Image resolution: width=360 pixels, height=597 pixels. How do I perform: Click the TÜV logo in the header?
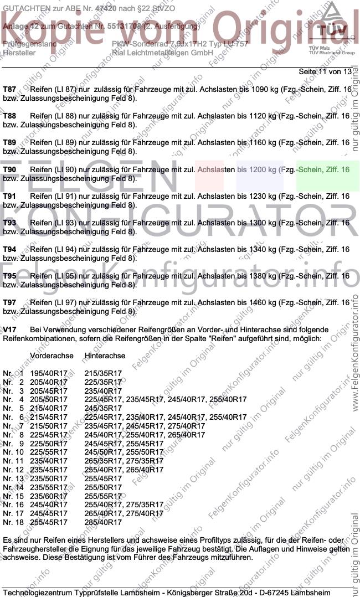(333, 28)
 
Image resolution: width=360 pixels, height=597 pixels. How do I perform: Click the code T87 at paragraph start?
(9, 89)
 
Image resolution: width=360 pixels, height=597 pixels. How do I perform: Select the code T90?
(9, 169)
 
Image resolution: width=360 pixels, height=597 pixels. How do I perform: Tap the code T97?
(9, 303)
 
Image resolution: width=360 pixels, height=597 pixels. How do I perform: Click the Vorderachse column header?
(52, 356)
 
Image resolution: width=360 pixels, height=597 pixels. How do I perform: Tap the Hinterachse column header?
(105, 356)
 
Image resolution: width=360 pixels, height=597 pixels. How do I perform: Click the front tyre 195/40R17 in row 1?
(49, 373)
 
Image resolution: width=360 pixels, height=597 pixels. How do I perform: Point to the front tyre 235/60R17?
(49, 496)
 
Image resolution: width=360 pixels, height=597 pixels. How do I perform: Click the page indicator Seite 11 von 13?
(325, 72)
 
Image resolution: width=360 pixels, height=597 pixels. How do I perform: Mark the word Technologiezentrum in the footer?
(38, 593)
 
